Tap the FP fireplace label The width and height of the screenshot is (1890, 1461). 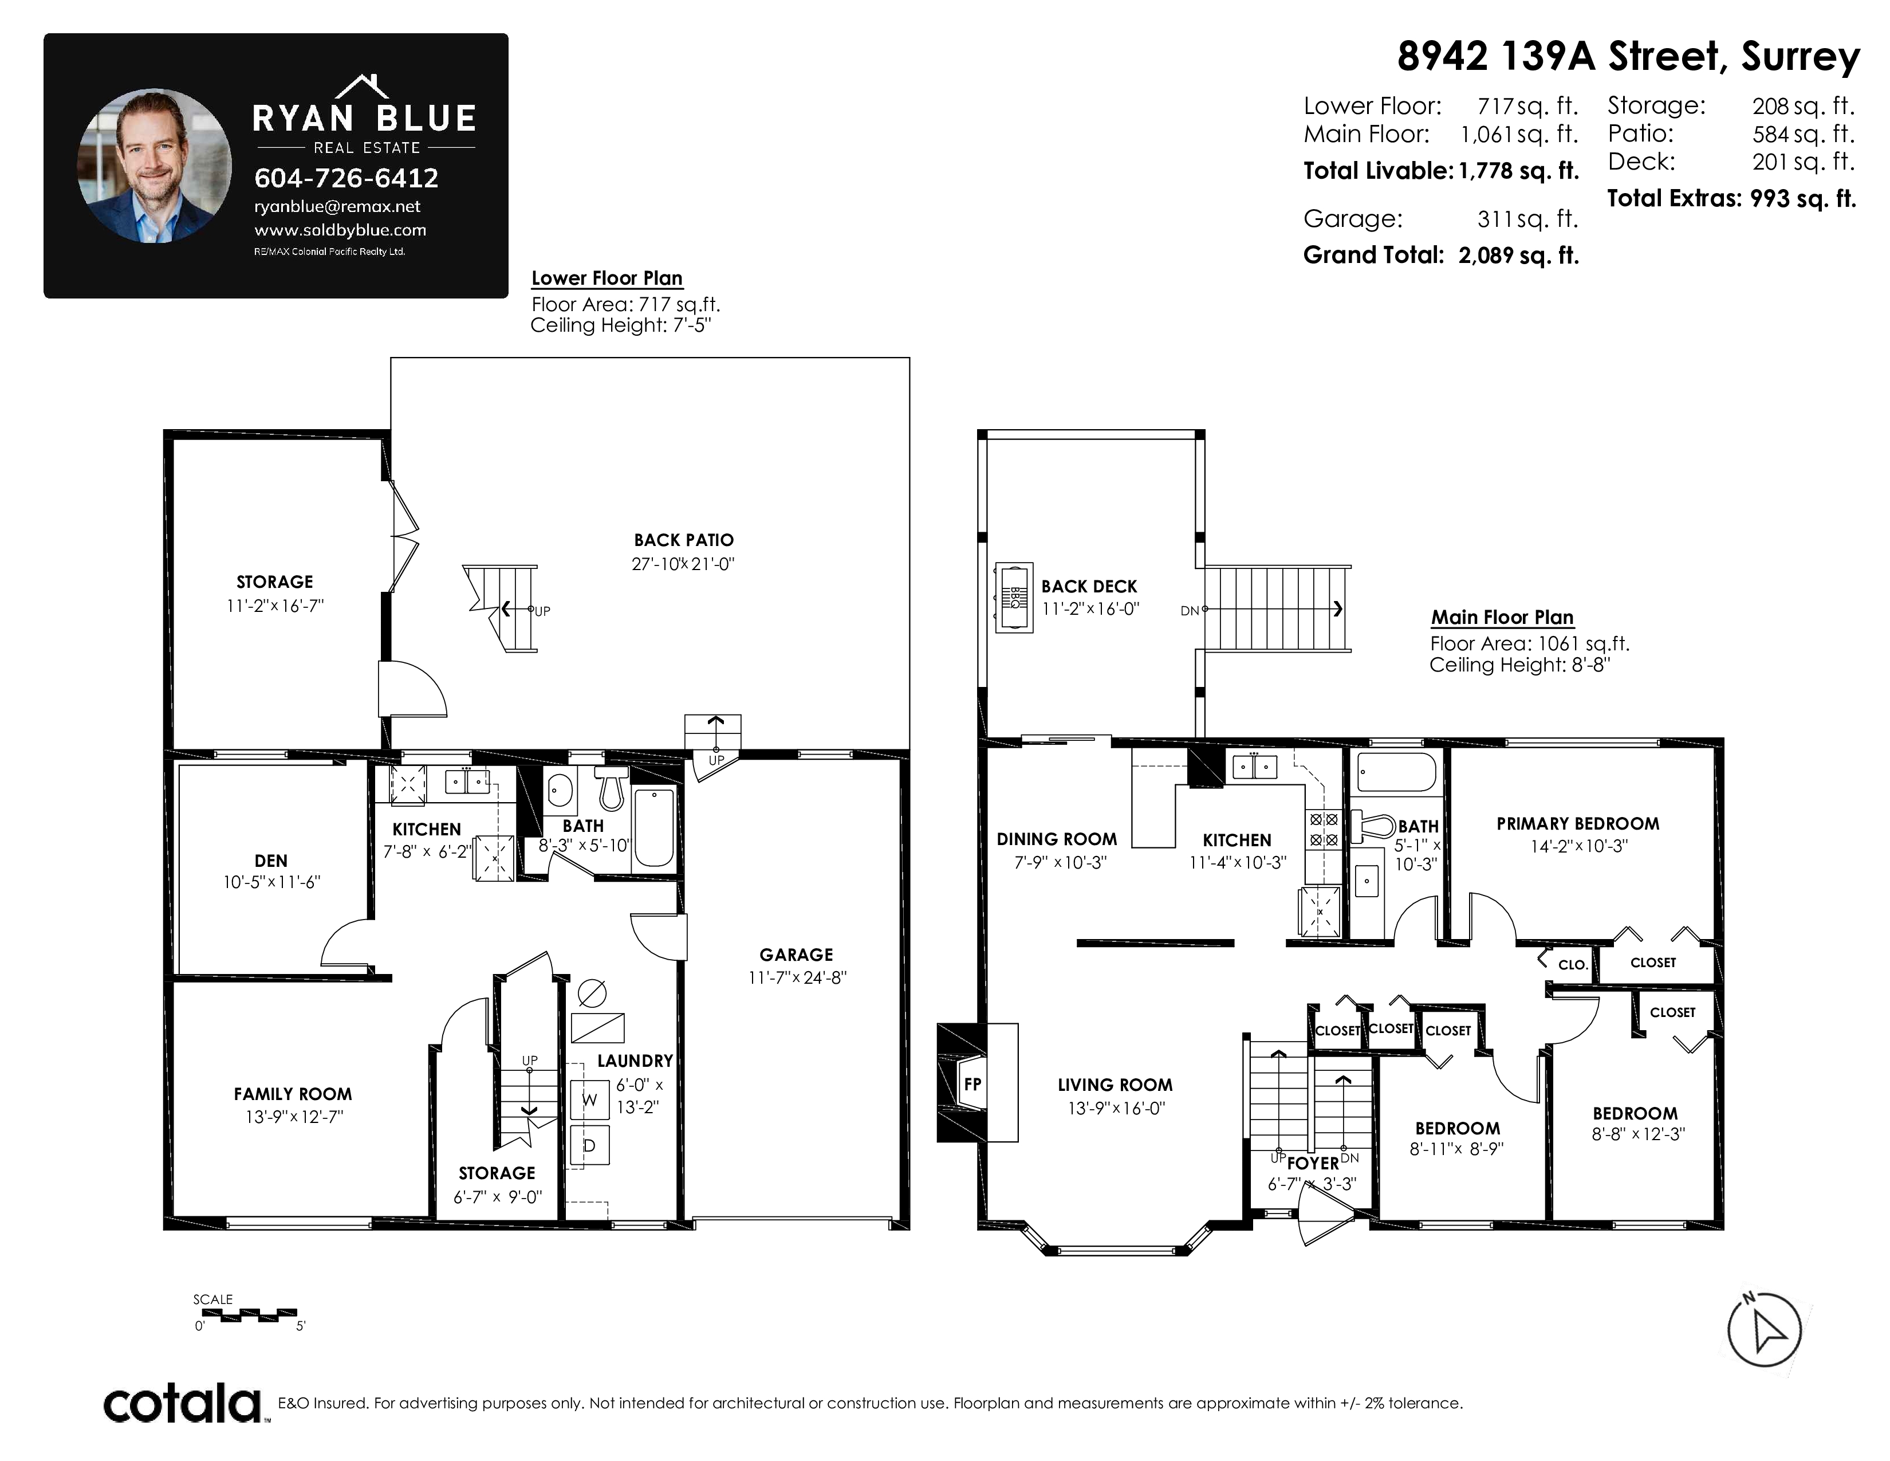(972, 1083)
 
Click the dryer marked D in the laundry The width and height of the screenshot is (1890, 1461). (590, 1145)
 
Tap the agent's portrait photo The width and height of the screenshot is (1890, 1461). (155, 166)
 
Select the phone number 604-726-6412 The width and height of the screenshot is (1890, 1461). (346, 178)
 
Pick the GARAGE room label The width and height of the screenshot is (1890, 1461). (796, 955)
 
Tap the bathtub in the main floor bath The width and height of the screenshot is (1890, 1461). (1397, 772)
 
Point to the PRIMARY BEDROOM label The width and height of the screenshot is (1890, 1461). (1578, 824)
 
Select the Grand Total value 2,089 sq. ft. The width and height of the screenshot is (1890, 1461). (1519, 256)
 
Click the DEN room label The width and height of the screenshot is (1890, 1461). (271, 861)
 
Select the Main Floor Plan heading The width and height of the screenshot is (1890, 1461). (1502, 617)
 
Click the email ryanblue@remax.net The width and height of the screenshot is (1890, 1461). (337, 207)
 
